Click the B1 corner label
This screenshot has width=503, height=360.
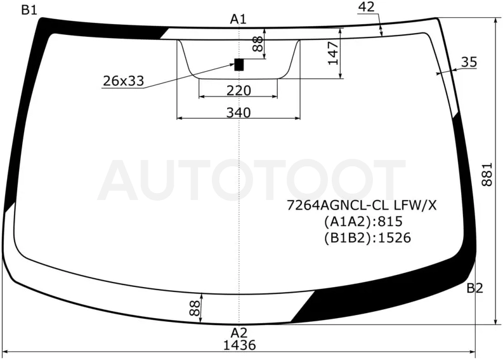(x=29, y=10)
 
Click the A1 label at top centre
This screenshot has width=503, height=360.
(x=238, y=19)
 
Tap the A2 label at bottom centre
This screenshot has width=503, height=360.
(x=239, y=333)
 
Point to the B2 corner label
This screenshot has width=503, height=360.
(x=474, y=288)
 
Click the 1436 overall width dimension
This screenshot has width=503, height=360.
(x=240, y=345)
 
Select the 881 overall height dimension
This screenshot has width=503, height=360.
(x=487, y=175)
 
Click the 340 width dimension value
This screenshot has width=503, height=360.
(x=238, y=113)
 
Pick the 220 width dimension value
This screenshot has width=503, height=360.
(x=238, y=91)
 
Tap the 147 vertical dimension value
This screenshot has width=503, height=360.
(x=333, y=53)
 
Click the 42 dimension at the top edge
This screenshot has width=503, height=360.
(x=367, y=7)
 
